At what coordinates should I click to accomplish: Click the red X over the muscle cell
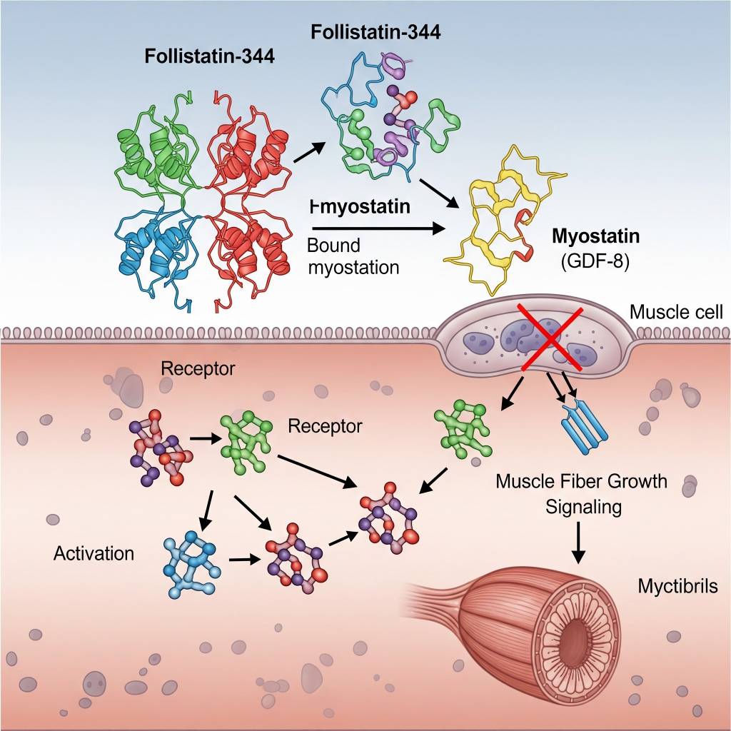(550, 336)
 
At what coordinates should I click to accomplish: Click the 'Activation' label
(94, 553)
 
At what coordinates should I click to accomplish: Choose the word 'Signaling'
(583, 507)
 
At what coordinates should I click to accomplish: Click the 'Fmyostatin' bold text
(361, 207)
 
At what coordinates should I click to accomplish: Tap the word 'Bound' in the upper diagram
(333, 246)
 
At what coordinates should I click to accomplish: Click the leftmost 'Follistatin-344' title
(209, 56)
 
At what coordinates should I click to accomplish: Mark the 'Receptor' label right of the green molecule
(325, 426)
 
